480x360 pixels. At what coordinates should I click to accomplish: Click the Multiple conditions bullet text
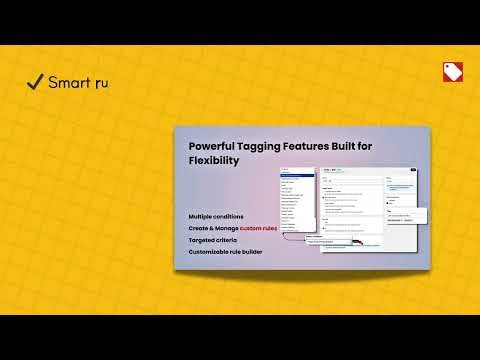215,216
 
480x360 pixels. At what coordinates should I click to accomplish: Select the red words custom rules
258,229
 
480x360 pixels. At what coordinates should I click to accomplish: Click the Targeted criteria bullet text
213,241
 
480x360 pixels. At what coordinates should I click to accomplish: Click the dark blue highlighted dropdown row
297,176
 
